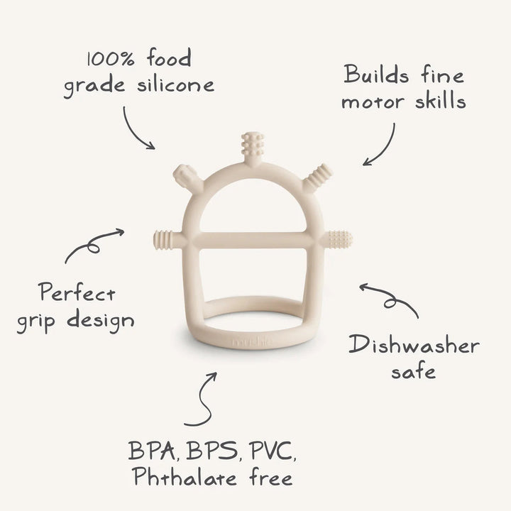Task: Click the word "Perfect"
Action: (77, 292)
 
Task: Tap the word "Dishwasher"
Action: (414, 346)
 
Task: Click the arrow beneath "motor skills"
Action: (381, 145)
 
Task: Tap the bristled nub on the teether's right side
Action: (340, 238)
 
